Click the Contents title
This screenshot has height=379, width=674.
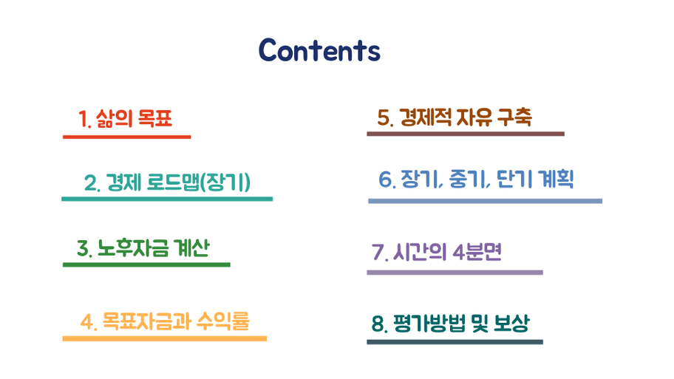point(319,50)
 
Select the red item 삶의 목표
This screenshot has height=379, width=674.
point(126,119)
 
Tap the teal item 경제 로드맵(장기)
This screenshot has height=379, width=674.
point(167,182)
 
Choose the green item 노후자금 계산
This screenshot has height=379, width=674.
point(143,248)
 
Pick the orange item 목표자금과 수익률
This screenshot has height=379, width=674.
point(165,321)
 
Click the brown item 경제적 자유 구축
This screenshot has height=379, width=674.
point(455,117)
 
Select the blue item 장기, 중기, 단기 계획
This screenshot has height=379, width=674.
point(476,180)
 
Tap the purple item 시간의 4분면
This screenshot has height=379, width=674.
point(437,252)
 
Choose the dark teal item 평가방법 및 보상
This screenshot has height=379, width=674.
point(451,323)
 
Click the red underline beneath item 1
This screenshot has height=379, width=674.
point(127,137)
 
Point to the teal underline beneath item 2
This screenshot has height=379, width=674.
point(167,199)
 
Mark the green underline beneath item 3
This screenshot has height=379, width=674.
point(146,264)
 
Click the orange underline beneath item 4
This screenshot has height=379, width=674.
point(165,338)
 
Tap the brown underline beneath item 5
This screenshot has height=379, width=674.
point(466,134)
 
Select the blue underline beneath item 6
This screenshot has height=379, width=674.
point(486,201)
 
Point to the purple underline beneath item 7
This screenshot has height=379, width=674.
point(455,273)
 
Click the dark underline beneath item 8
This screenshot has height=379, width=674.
point(455,342)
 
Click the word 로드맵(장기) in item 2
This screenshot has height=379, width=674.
point(199,182)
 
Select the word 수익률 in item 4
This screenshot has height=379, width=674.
point(223,321)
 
